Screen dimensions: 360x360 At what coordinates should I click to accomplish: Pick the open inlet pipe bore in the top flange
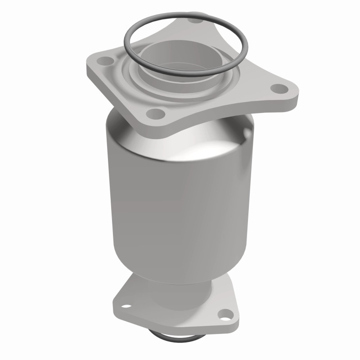[x=180, y=56]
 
